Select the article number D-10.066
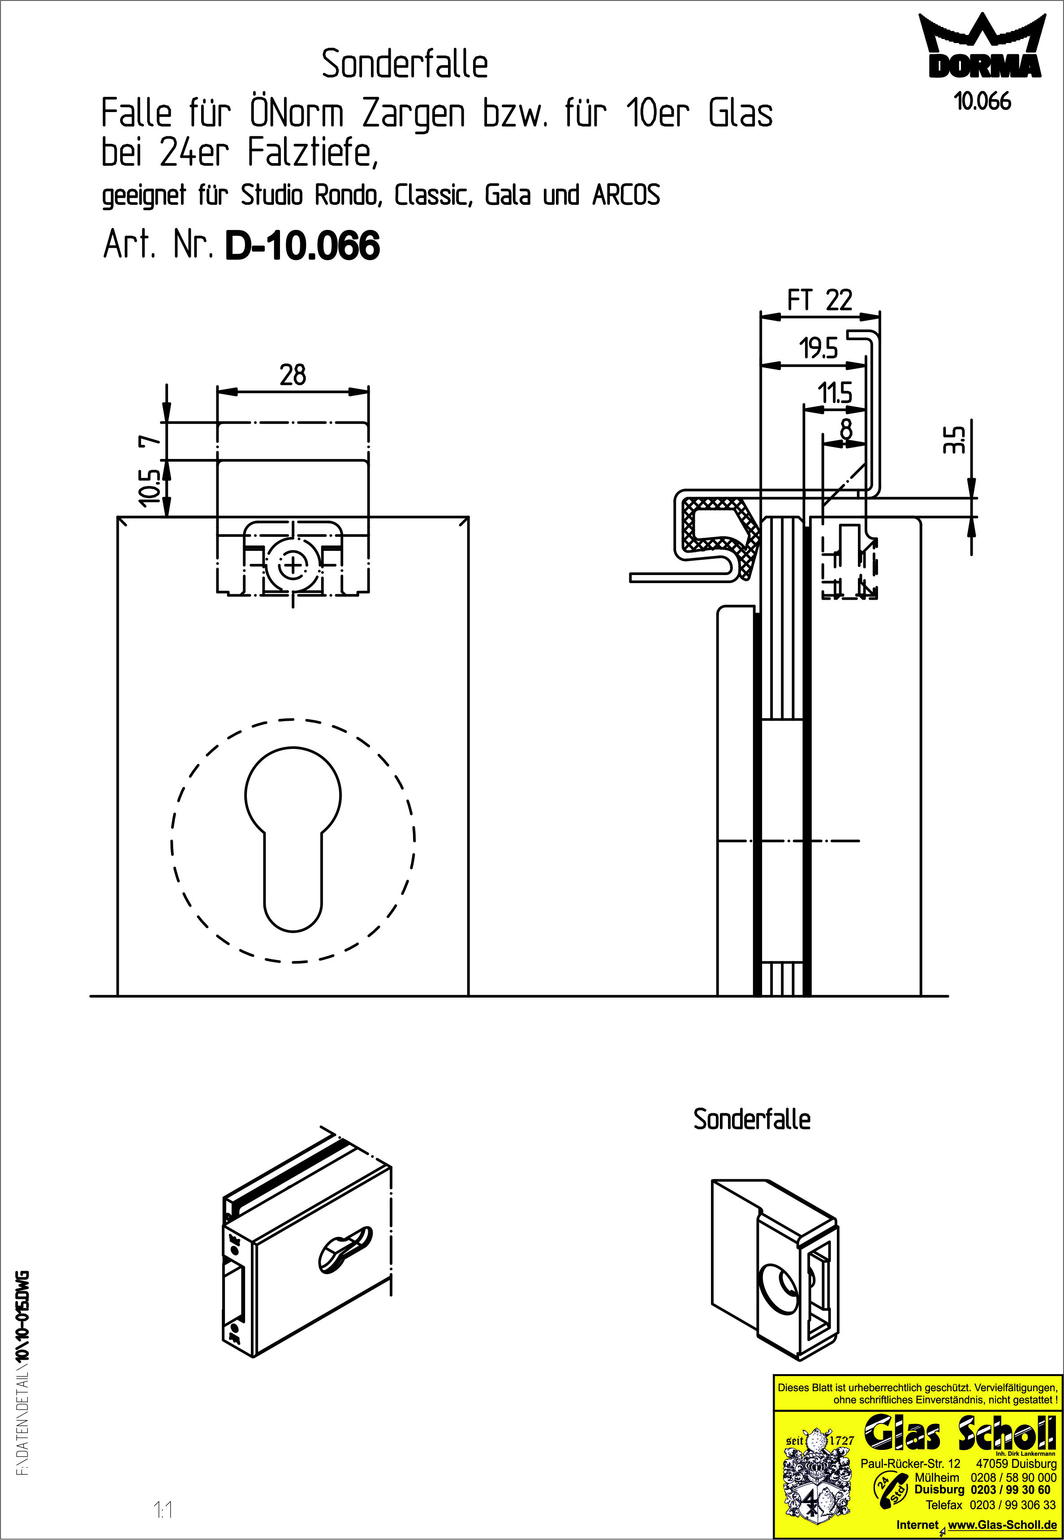[303, 246]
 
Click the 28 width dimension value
[293, 376]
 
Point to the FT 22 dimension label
[819, 300]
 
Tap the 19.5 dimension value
[818, 349]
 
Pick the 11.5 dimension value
[836, 394]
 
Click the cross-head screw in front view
[291, 567]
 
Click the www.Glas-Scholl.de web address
[1001, 1525]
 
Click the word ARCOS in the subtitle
[625, 195]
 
